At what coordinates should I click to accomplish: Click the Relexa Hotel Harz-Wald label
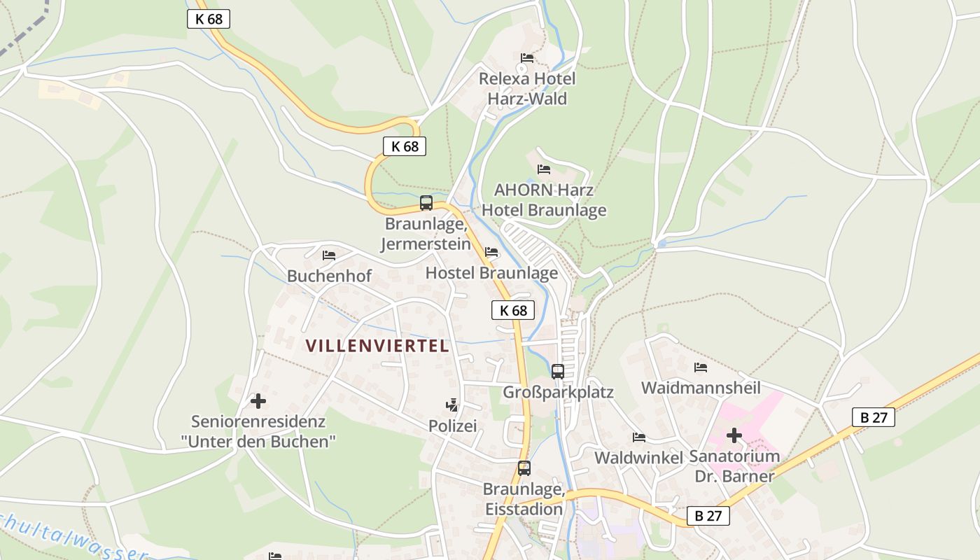[527, 88]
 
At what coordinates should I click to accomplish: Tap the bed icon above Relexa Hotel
[527, 57]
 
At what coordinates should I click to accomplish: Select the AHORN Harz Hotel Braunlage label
[544, 199]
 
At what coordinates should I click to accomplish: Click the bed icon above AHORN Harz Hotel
[544, 169]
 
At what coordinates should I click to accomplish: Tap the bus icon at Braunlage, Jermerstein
[426, 203]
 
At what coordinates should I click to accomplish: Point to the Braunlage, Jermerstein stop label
[426, 234]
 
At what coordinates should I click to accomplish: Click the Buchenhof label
[329, 276]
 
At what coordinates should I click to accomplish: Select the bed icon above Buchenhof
[329, 255]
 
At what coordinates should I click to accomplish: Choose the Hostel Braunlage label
[491, 272]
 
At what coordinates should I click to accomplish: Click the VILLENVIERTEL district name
[377, 345]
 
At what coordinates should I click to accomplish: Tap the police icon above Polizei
[452, 405]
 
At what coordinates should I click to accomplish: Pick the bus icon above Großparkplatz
[558, 371]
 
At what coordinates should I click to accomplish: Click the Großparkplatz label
[558, 392]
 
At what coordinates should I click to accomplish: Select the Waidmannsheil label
[701, 387]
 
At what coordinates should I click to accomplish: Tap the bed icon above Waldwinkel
[639, 437]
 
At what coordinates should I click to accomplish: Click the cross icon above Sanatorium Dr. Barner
[734, 435]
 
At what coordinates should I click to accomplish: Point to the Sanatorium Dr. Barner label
[734, 466]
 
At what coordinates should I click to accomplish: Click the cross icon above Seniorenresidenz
[258, 401]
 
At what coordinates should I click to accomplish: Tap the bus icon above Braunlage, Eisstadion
[524, 468]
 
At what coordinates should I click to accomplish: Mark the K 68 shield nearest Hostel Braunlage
[512, 310]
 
